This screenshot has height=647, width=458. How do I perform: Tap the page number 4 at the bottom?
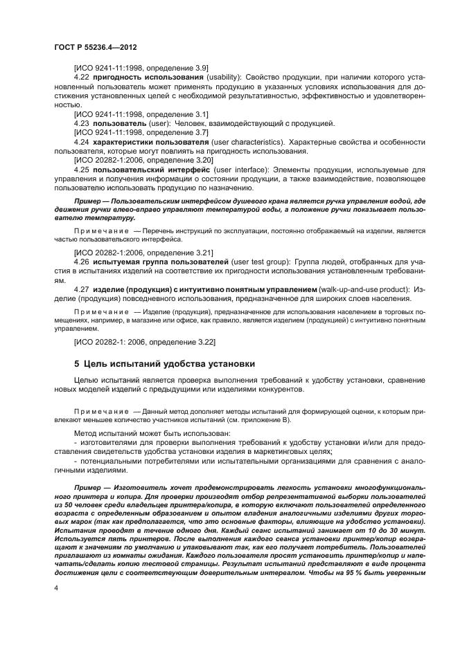click(x=56, y=587)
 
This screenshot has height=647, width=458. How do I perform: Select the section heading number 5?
click(x=78, y=363)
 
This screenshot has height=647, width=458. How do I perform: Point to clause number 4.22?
click(x=82, y=77)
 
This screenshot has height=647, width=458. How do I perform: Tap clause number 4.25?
click(x=82, y=169)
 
